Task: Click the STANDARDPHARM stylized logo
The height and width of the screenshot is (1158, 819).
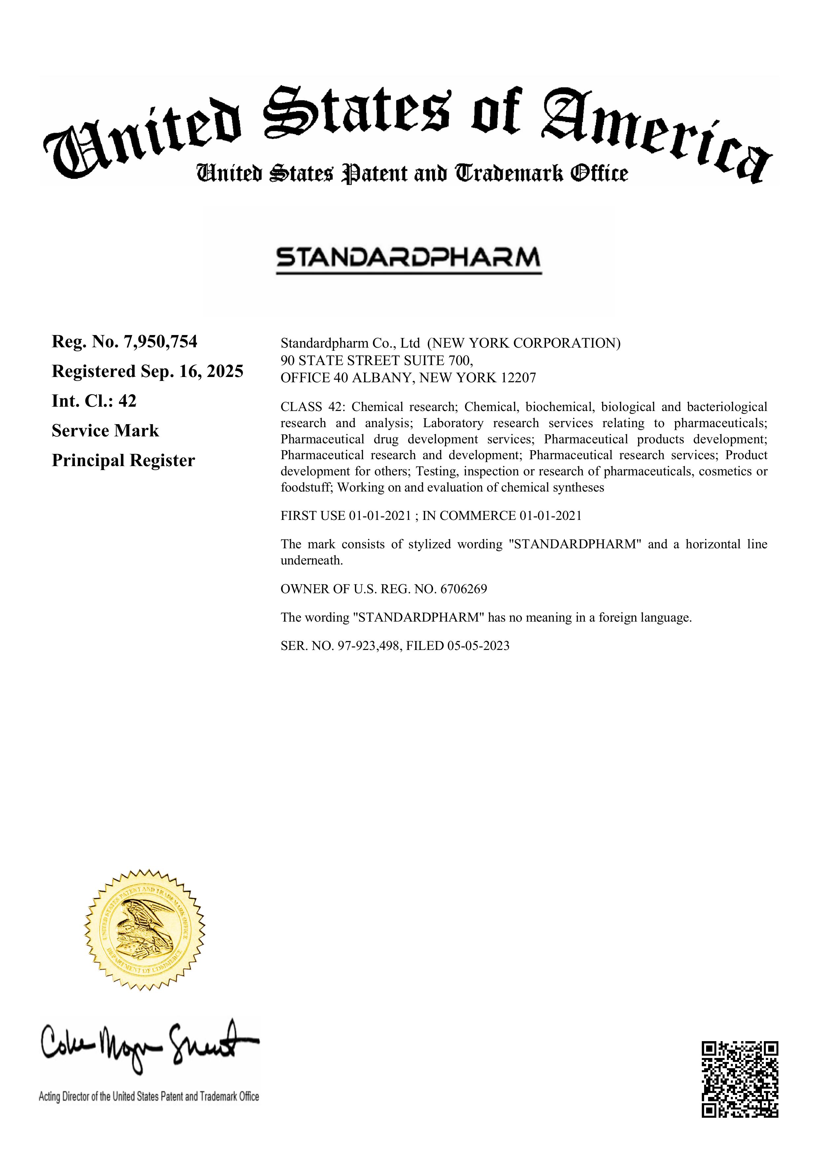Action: (408, 258)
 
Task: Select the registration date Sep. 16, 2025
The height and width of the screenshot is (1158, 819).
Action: (192, 372)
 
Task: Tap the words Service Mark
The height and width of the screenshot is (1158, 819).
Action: (105, 431)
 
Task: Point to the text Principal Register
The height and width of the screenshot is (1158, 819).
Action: (123, 460)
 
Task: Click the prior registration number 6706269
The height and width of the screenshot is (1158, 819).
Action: (463, 589)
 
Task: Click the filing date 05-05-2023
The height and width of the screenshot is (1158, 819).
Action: (478, 646)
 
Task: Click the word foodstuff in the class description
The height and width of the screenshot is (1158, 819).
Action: (307, 488)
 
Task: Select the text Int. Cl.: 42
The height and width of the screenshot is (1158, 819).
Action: (94, 401)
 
